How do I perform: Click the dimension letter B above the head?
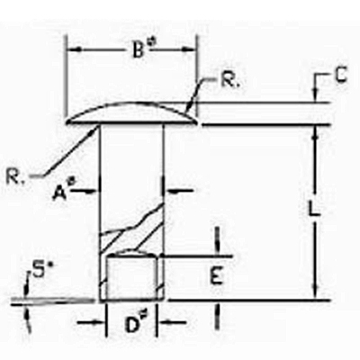coord(138,49)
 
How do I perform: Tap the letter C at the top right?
coord(340,75)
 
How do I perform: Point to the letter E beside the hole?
coord(216,276)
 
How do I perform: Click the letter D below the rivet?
coord(131,325)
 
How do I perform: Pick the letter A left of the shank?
coord(59,193)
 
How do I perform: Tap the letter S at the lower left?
coord(39,272)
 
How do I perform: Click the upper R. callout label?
coord(229,79)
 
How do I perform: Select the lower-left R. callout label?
coord(15,177)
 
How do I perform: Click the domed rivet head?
coord(132,113)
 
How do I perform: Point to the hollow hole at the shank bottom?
coord(132,277)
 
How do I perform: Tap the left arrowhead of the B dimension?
coord(75,49)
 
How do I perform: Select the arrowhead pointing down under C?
coord(315,95)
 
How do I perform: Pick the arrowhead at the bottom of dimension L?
coord(315,292)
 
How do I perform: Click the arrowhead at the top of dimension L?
coord(315,133)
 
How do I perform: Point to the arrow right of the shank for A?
coord(179,190)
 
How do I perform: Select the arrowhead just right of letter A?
coord(92,190)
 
